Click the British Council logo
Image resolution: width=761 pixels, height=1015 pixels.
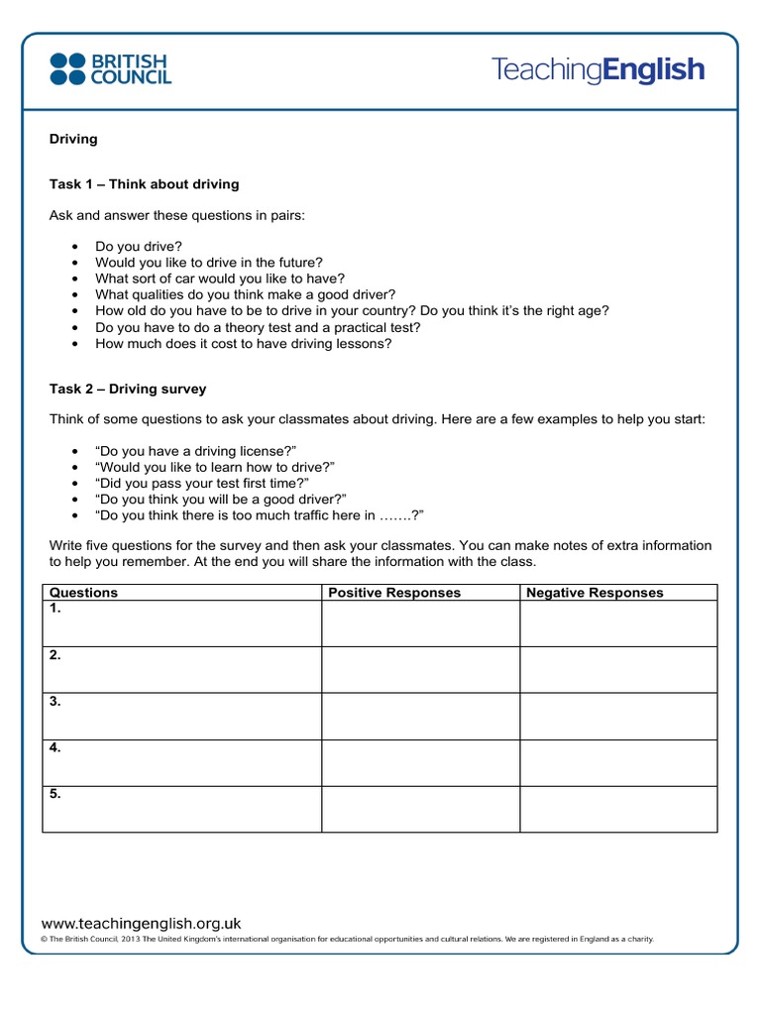pos(110,69)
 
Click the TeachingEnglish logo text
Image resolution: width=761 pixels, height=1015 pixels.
pos(598,70)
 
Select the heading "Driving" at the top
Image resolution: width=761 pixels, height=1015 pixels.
pos(73,139)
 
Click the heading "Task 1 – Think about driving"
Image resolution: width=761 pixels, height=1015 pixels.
pos(144,184)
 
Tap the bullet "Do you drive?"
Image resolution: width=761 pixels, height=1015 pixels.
pos(139,246)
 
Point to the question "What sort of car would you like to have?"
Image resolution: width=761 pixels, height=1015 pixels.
pos(220,279)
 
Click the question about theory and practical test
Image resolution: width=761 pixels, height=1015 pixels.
pos(258,326)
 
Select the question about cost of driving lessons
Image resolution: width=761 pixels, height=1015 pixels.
pos(243,343)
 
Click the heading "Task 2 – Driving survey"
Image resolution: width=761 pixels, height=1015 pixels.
pos(128,389)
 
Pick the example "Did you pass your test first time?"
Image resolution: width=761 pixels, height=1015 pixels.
pos(209,483)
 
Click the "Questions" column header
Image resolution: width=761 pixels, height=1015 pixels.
pos(83,593)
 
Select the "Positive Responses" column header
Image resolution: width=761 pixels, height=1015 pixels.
pos(394,593)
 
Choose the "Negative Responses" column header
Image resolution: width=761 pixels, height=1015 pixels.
pos(595,593)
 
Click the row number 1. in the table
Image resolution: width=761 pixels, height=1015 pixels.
pos(55,610)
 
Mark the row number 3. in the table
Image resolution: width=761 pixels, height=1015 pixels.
pos(55,702)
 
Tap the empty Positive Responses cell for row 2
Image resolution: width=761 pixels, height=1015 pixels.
pos(420,669)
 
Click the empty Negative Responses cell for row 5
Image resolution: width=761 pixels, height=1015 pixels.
pos(618,809)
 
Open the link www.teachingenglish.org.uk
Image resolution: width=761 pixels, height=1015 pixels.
pos(141,922)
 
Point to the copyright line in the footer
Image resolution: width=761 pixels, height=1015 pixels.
pos(347,939)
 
